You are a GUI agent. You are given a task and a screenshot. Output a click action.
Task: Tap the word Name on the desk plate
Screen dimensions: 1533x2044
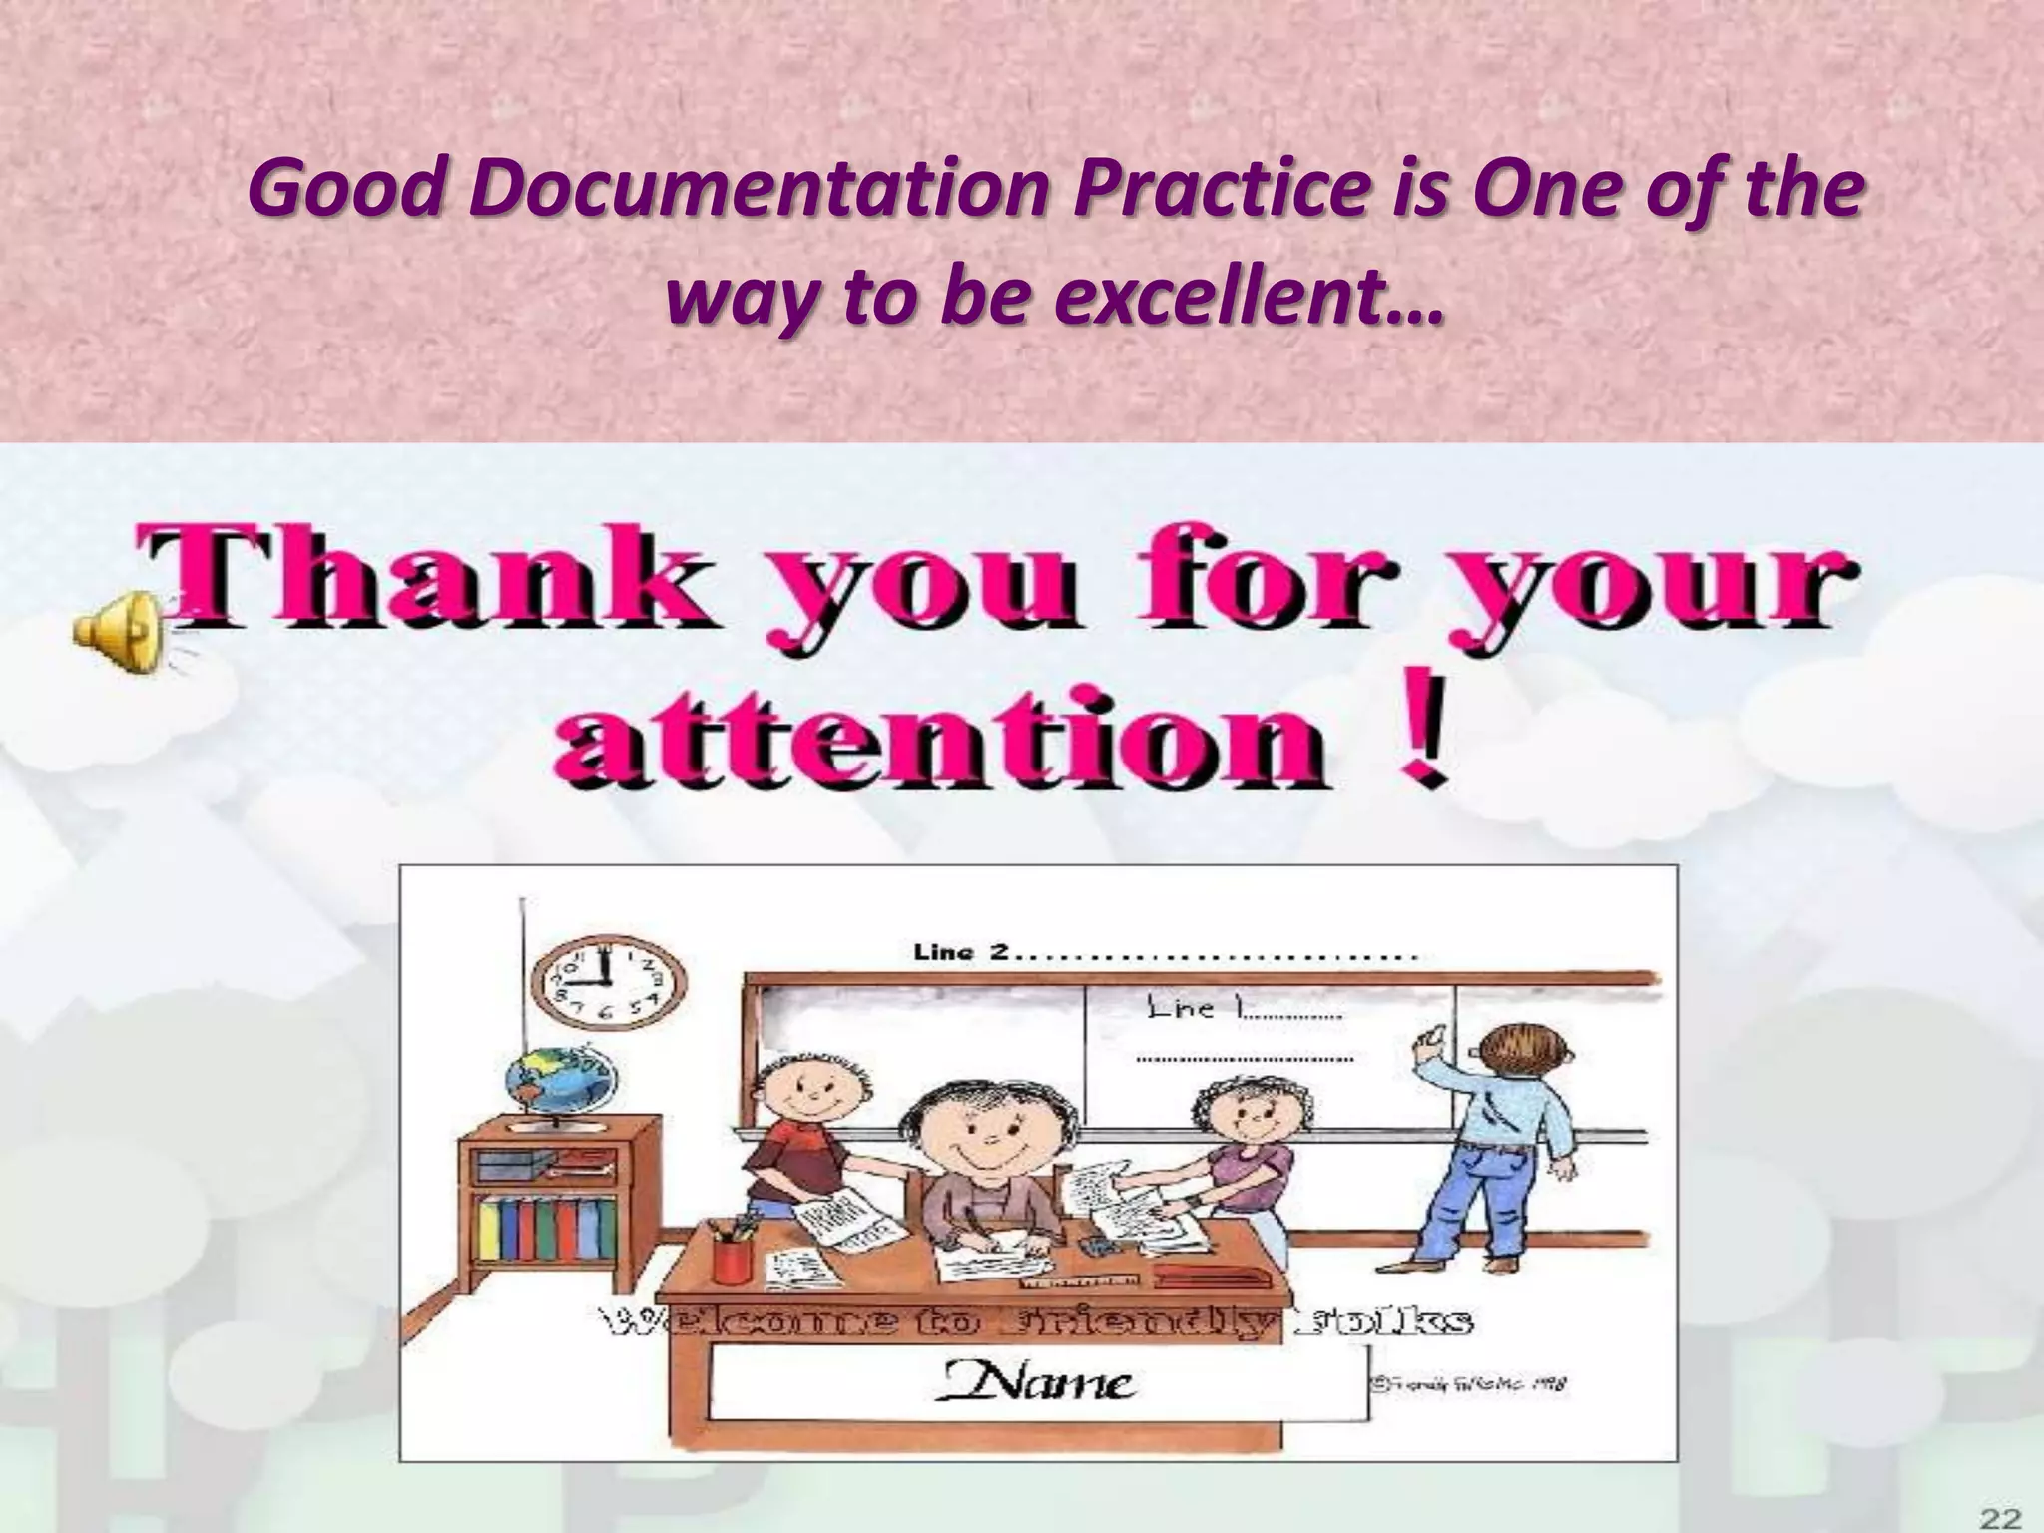1038,1382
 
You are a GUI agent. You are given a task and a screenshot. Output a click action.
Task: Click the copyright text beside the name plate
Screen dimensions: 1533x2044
1468,1383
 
